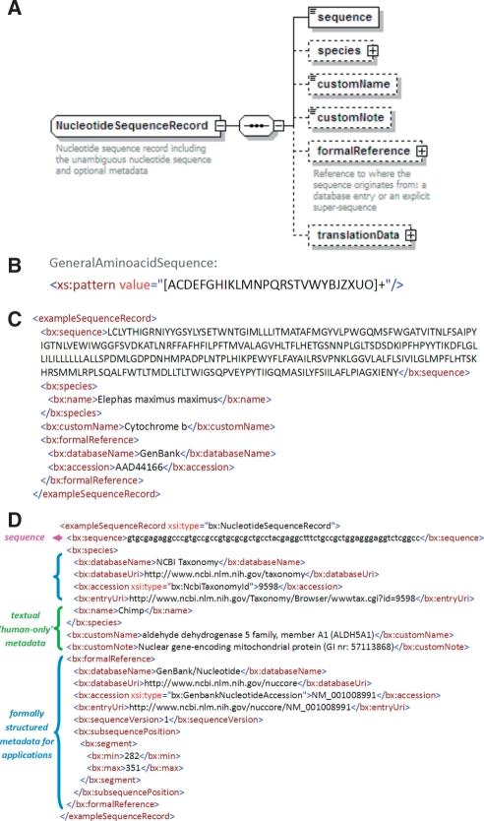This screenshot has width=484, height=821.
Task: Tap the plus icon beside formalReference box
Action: [422, 152]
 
